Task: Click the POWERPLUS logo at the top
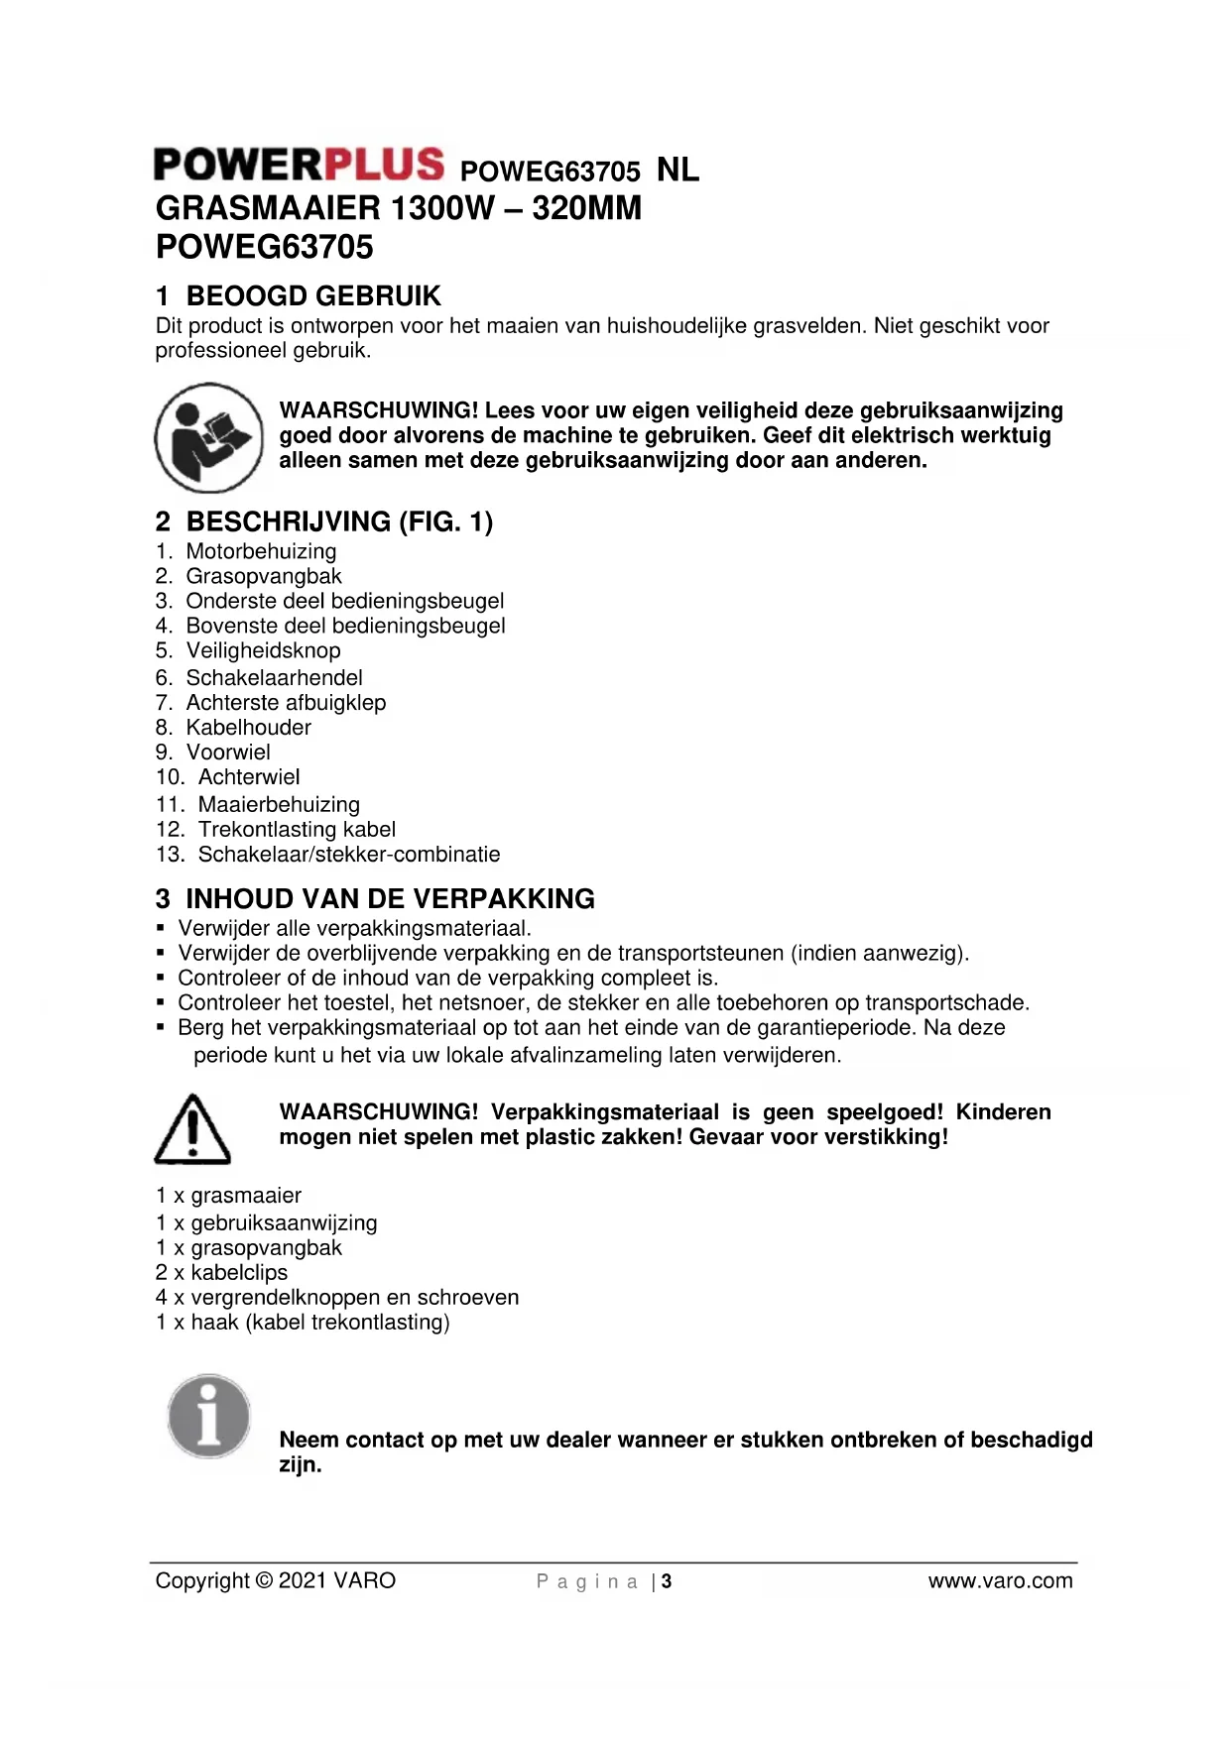click(x=299, y=165)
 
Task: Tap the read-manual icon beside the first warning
click(x=208, y=437)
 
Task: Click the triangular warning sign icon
click(x=192, y=1129)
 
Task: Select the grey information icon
click(x=209, y=1416)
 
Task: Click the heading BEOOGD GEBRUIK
click(x=313, y=295)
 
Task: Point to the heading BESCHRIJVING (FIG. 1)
click(x=339, y=522)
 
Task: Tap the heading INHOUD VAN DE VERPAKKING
click(x=390, y=899)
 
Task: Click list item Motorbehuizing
click(x=261, y=551)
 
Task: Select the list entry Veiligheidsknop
click(x=263, y=650)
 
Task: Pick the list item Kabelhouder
click(x=248, y=727)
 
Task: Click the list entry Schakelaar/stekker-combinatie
click(x=349, y=854)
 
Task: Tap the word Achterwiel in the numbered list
click(x=249, y=776)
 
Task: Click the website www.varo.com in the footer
click(x=1000, y=1580)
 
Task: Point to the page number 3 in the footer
click(x=667, y=1581)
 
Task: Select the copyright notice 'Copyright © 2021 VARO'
click(x=276, y=1580)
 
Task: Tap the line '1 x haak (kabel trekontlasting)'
click(x=303, y=1322)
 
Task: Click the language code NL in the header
click(x=677, y=171)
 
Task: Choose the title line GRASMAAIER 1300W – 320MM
click(x=399, y=208)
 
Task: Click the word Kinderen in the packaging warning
click(x=1003, y=1111)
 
